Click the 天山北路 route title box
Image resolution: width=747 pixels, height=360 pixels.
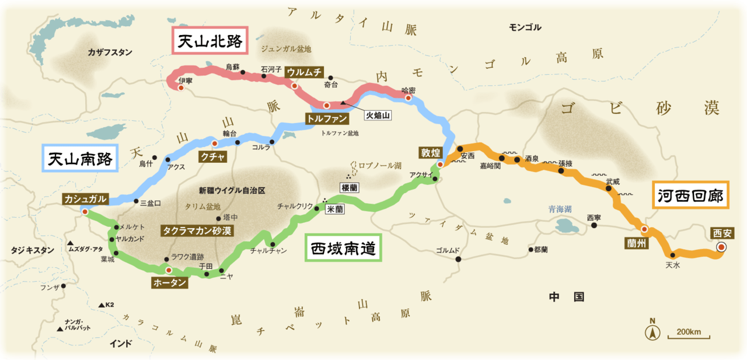coord(210,41)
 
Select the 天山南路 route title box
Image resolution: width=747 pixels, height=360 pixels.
coord(81,158)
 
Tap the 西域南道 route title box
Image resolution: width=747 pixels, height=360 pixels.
coord(343,248)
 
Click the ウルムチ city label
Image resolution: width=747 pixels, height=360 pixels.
coord(303,73)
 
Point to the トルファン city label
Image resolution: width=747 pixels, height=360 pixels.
coord(327,119)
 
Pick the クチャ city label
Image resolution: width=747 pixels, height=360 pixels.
coord(212,156)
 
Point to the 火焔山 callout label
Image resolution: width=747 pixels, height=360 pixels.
coord(378,116)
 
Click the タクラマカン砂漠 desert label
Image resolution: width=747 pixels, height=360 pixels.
coord(197,230)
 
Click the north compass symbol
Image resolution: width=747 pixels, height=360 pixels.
coord(652,332)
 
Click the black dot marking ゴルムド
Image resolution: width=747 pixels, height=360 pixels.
coord(458,258)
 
